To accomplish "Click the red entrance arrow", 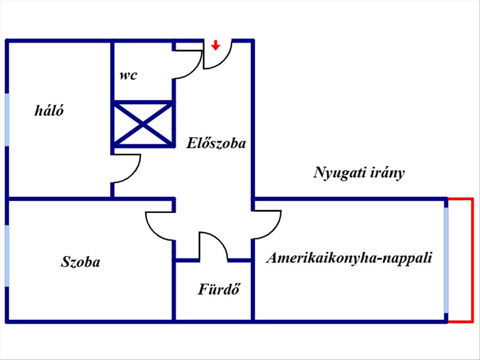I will pos(216,45).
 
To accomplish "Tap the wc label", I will pos(128,75).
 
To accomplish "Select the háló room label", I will pos(49,110).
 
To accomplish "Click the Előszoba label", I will pos(216,143).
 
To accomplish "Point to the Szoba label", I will pos(80,262).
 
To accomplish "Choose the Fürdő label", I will pos(218,289).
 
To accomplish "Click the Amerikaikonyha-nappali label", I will pos(349,258).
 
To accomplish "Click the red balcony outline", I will pos(472,260).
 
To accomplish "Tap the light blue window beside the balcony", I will pos(446,260).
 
